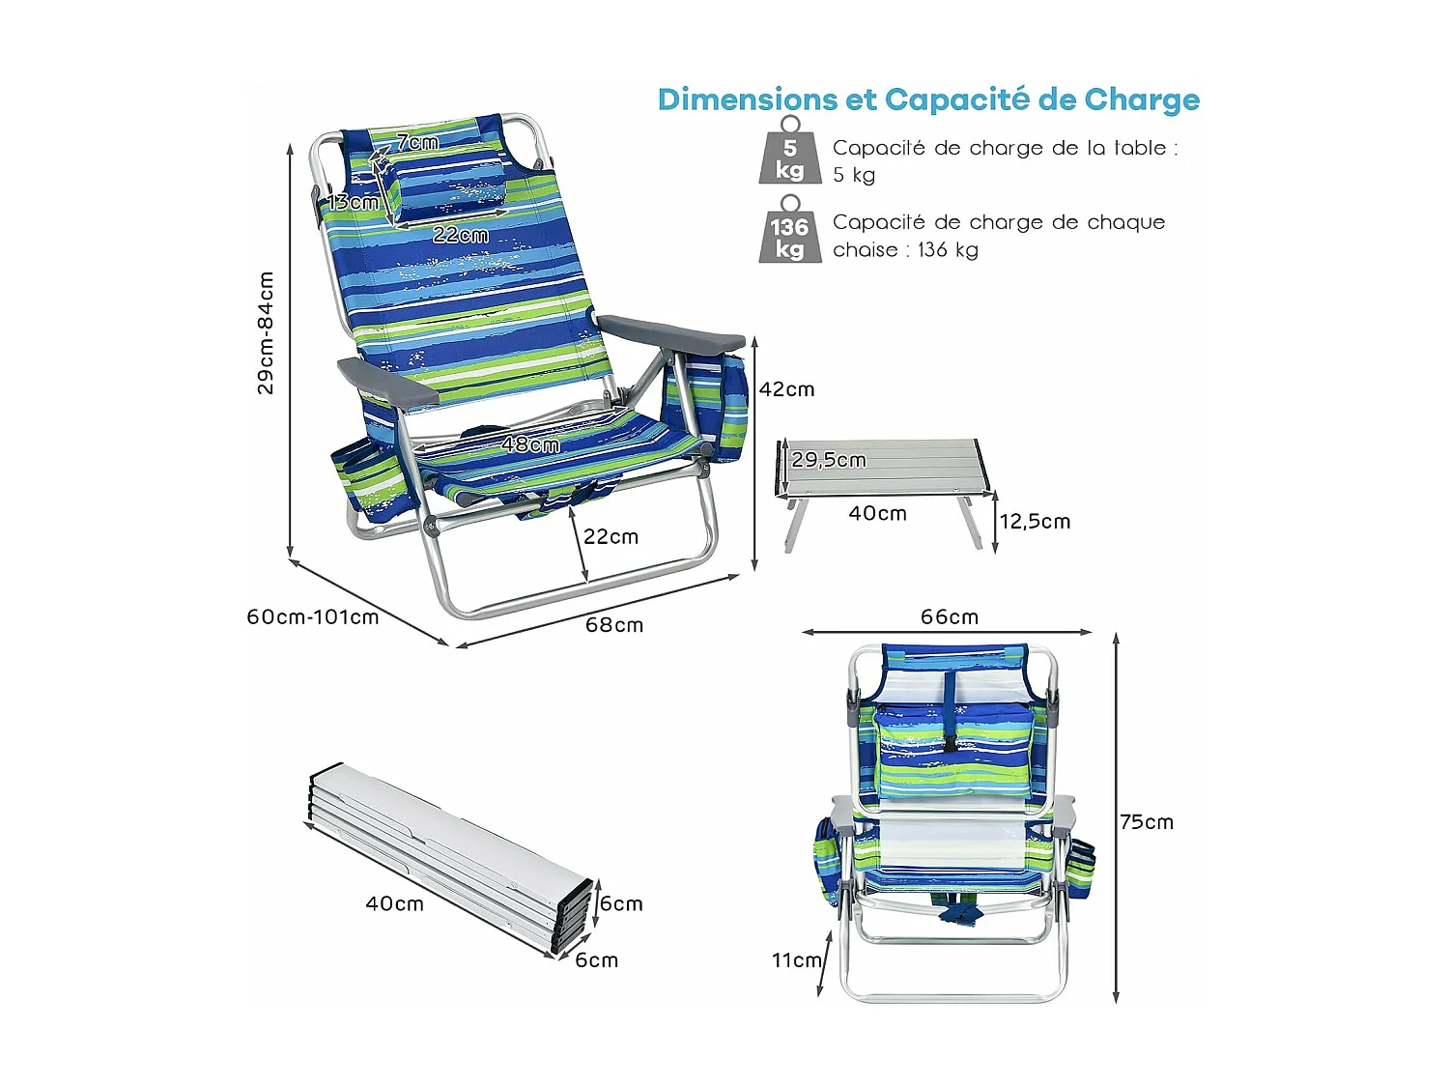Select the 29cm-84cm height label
point(266,332)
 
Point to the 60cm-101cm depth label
point(313,616)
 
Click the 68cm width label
point(614,625)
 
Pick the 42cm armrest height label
point(786,389)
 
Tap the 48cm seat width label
point(530,444)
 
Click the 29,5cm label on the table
point(829,460)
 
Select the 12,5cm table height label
point(1035,522)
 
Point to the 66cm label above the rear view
point(950,616)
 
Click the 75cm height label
point(1147,822)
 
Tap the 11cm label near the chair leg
point(796,959)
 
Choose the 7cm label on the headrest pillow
point(417,143)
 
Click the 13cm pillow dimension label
point(353,202)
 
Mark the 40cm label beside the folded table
point(394,903)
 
